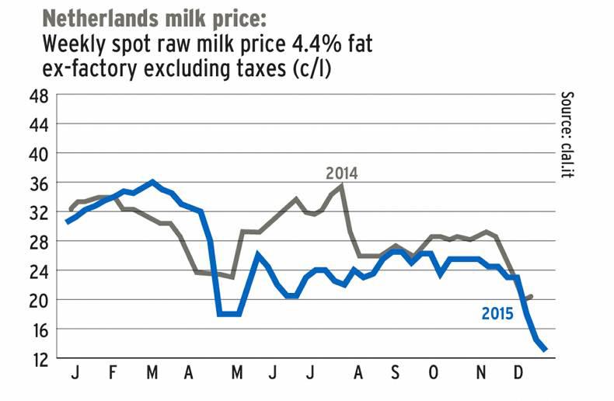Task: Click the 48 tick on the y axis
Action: point(40,96)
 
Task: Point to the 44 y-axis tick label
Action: point(40,125)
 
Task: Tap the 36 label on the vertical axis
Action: point(40,183)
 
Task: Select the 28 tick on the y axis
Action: point(40,242)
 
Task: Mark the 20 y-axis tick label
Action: point(40,300)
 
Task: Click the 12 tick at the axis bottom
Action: point(40,358)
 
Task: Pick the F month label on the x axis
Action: point(113,375)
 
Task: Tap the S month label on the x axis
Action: point(395,375)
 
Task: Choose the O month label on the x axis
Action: point(434,375)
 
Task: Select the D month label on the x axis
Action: point(518,375)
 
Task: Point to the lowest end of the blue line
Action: point(546,350)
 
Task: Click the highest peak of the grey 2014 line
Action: point(342,186)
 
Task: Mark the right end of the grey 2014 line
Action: point(530,296)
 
